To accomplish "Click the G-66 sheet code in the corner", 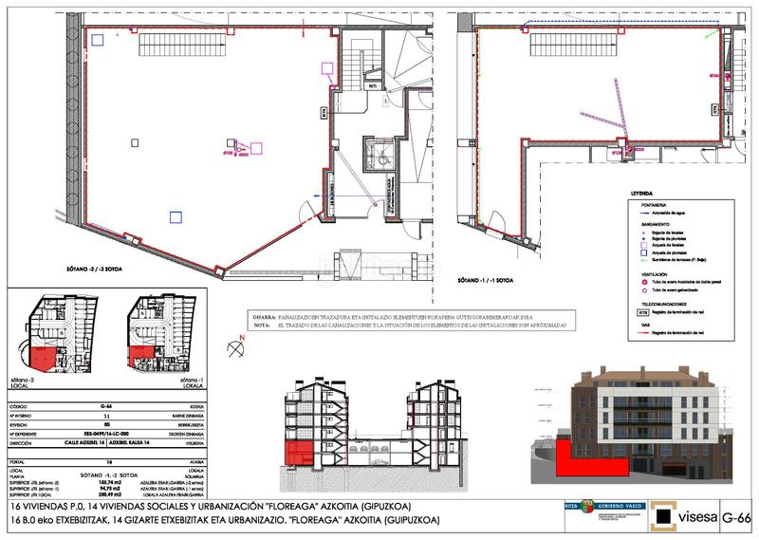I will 736,518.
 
